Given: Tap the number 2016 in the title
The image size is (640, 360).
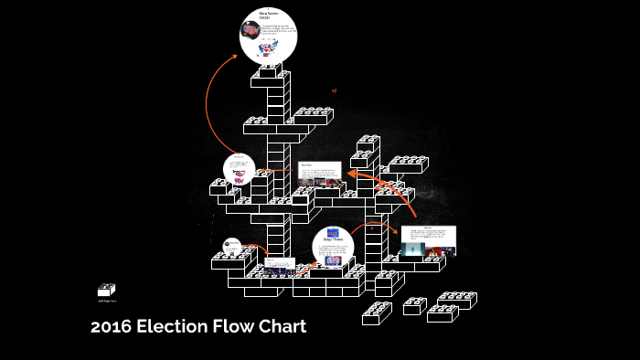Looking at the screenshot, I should point(111,327).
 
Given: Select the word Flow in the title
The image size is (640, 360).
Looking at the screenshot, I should point(234,327).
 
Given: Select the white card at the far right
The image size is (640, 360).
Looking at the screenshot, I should point(428,240).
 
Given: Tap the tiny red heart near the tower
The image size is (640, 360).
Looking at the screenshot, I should point(334,90).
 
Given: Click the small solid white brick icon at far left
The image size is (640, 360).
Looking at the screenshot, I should point(107,290).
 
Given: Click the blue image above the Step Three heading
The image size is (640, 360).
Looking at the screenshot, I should point(332,232).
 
